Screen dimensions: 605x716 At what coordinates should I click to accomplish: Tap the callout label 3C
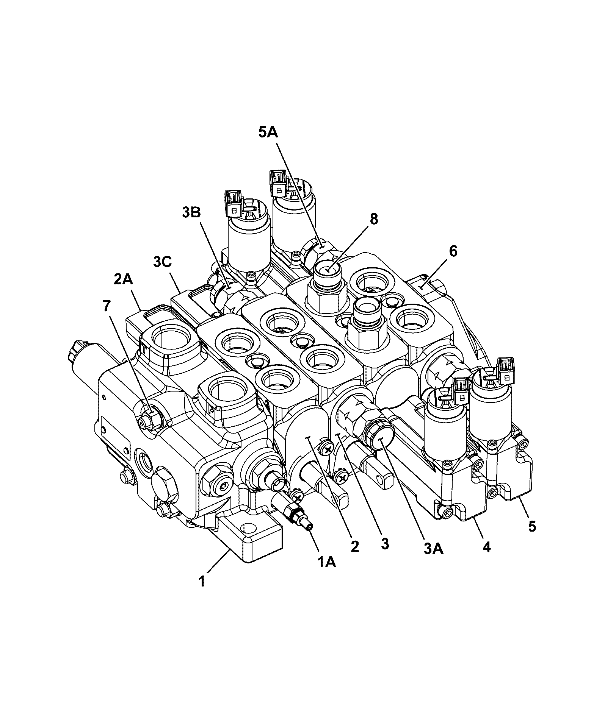[163, 261]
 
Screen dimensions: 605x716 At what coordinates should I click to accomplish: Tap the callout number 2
[354, 546]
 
